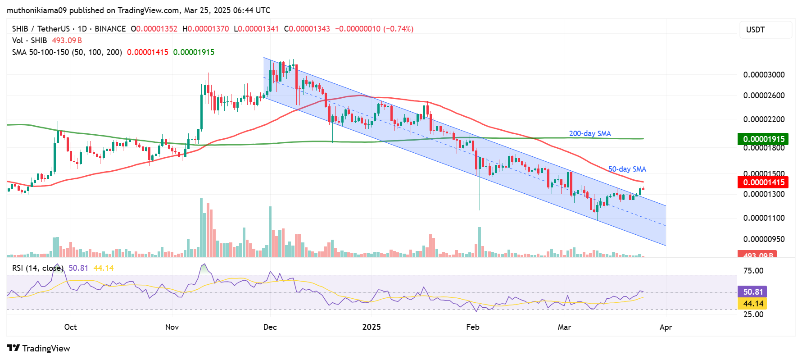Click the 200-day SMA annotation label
589,133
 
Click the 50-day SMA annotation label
627,169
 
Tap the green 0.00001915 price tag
763,139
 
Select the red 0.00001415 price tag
763,182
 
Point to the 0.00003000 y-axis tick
764,75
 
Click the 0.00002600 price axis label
764,96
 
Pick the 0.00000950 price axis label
764,239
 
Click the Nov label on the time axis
172,327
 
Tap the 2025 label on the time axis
372,327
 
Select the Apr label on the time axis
666,327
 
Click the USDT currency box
766,30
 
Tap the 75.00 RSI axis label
753,271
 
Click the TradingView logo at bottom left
39,348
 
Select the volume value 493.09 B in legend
67,41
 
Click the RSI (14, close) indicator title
37,268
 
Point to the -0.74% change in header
398,29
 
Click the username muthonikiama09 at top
37,10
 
